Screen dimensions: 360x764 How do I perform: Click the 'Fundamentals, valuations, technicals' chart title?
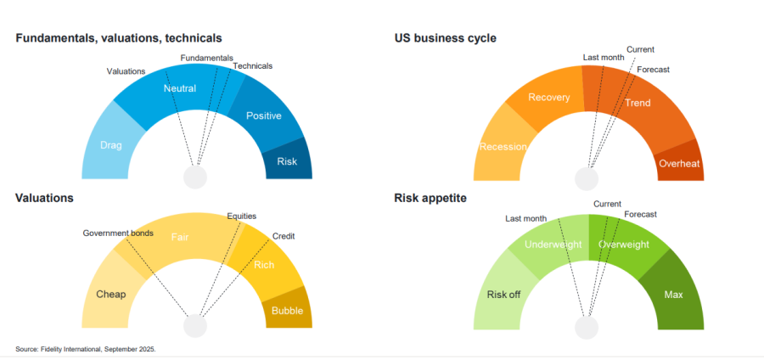click(x=118, y=38)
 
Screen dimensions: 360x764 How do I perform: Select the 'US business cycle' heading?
click(x=445, y=38)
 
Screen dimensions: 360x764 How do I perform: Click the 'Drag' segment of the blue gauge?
click(x=111, y=145)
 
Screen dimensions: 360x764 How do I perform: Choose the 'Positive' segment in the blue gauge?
click(x=263, y=115)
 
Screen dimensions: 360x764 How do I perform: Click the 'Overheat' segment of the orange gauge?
click(x=679, y=163)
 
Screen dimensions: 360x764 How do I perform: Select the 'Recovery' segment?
click(x=549, y=97)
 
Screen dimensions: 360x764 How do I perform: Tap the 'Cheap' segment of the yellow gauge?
click(x=111, y=294)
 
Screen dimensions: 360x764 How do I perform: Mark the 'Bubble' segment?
click(x=287, y=311)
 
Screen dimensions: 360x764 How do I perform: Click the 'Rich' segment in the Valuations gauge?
click(x=264, y=265)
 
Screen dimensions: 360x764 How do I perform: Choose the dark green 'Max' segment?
click(x=674, y=294)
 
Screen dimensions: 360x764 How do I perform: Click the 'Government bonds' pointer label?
click(x=118, y=233)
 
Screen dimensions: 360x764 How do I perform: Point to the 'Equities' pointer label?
click(x=241, y=216)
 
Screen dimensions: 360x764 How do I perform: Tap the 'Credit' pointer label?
click(x=284, y=236)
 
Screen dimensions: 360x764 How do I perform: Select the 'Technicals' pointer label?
click(x=252, y=65)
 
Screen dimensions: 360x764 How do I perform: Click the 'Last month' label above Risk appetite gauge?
click(x=525, y=218)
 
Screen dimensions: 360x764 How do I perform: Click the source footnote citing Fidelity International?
click(x=86, y=349)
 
